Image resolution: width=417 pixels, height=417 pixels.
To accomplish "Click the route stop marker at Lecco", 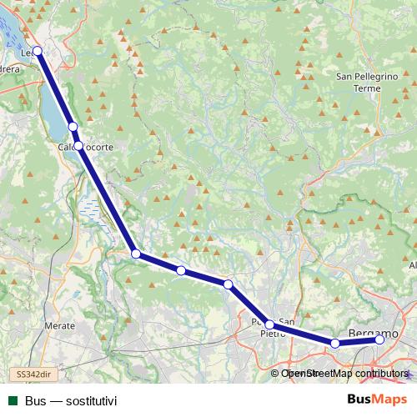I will [38, 51].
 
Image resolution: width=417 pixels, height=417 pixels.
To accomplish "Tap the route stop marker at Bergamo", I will [380, 339].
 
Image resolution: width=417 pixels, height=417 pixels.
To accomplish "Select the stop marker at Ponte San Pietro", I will [269, 324].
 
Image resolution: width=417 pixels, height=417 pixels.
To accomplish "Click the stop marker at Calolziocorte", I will [78, 145].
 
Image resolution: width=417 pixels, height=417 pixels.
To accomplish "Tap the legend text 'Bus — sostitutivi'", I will [71, 401].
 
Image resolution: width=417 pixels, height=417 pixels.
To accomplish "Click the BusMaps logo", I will [377, 400].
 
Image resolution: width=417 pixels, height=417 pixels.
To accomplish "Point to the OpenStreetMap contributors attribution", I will [344, 374].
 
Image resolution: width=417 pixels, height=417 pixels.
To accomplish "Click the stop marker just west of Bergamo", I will [335, 343].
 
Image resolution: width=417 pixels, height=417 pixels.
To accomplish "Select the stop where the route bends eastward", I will [135, 254].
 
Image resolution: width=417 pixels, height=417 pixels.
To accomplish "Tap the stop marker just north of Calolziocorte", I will [73, 127].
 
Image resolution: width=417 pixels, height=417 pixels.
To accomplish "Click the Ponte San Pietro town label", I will [274, 327].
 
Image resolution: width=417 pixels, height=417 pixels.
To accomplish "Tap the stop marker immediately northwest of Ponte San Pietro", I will [228, 284].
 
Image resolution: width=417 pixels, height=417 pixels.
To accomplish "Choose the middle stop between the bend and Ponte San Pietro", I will [181, 270].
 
